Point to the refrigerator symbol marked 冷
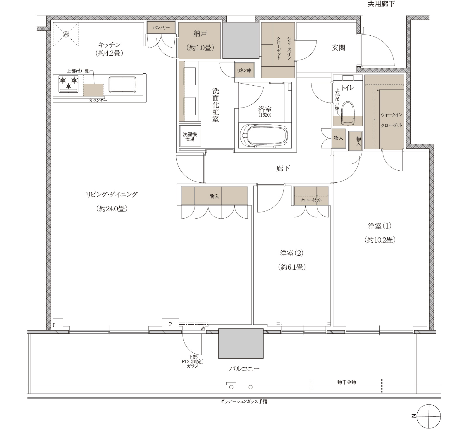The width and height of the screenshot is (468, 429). tap(66, 34)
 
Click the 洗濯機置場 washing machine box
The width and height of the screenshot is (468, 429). tap(190, 137)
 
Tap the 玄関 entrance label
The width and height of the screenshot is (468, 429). tap(338, 48)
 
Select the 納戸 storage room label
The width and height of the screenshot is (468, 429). tap(200, 34)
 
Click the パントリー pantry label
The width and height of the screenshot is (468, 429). tap(161, 28)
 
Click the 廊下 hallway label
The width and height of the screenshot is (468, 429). tap(283, 168)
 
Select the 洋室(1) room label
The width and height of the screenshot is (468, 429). tap(380, 226)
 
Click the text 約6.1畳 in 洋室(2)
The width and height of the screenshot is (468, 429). tap(292, 267)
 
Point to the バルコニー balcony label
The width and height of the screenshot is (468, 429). tap(244, 369)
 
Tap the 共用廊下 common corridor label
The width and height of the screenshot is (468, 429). tap(381, 4)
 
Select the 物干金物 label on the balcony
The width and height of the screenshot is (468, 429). tap(346, 382)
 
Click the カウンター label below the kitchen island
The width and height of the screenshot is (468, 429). tap(98, 101)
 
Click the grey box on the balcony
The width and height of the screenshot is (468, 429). tap(241, 343)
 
